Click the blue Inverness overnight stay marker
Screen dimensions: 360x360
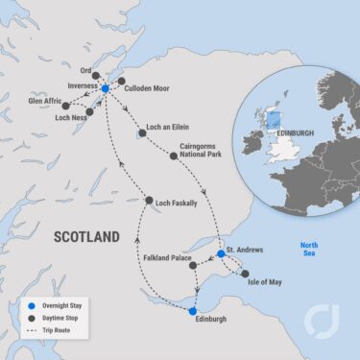coord(105,87)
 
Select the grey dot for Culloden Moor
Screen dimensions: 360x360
coord(122,81)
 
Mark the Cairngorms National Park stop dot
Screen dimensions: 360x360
coord(174,156)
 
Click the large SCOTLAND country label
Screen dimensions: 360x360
coord(86,236)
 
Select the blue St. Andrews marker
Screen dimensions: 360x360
coord(221,254)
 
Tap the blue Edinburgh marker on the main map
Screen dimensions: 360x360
coord(193,312)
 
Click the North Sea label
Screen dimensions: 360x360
coord(308,248)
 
